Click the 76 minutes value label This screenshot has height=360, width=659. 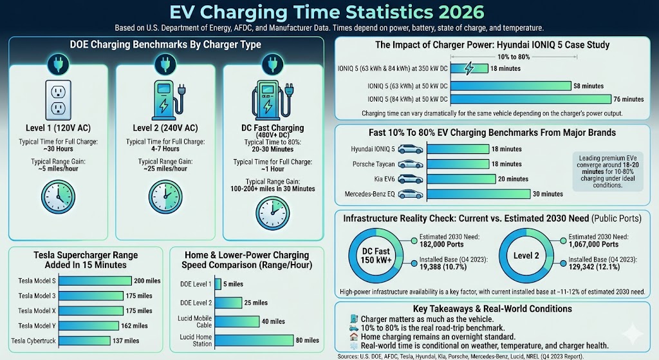[629, 99]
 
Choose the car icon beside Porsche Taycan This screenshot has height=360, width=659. [411, 164]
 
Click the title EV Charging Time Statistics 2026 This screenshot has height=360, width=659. [329, 12]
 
